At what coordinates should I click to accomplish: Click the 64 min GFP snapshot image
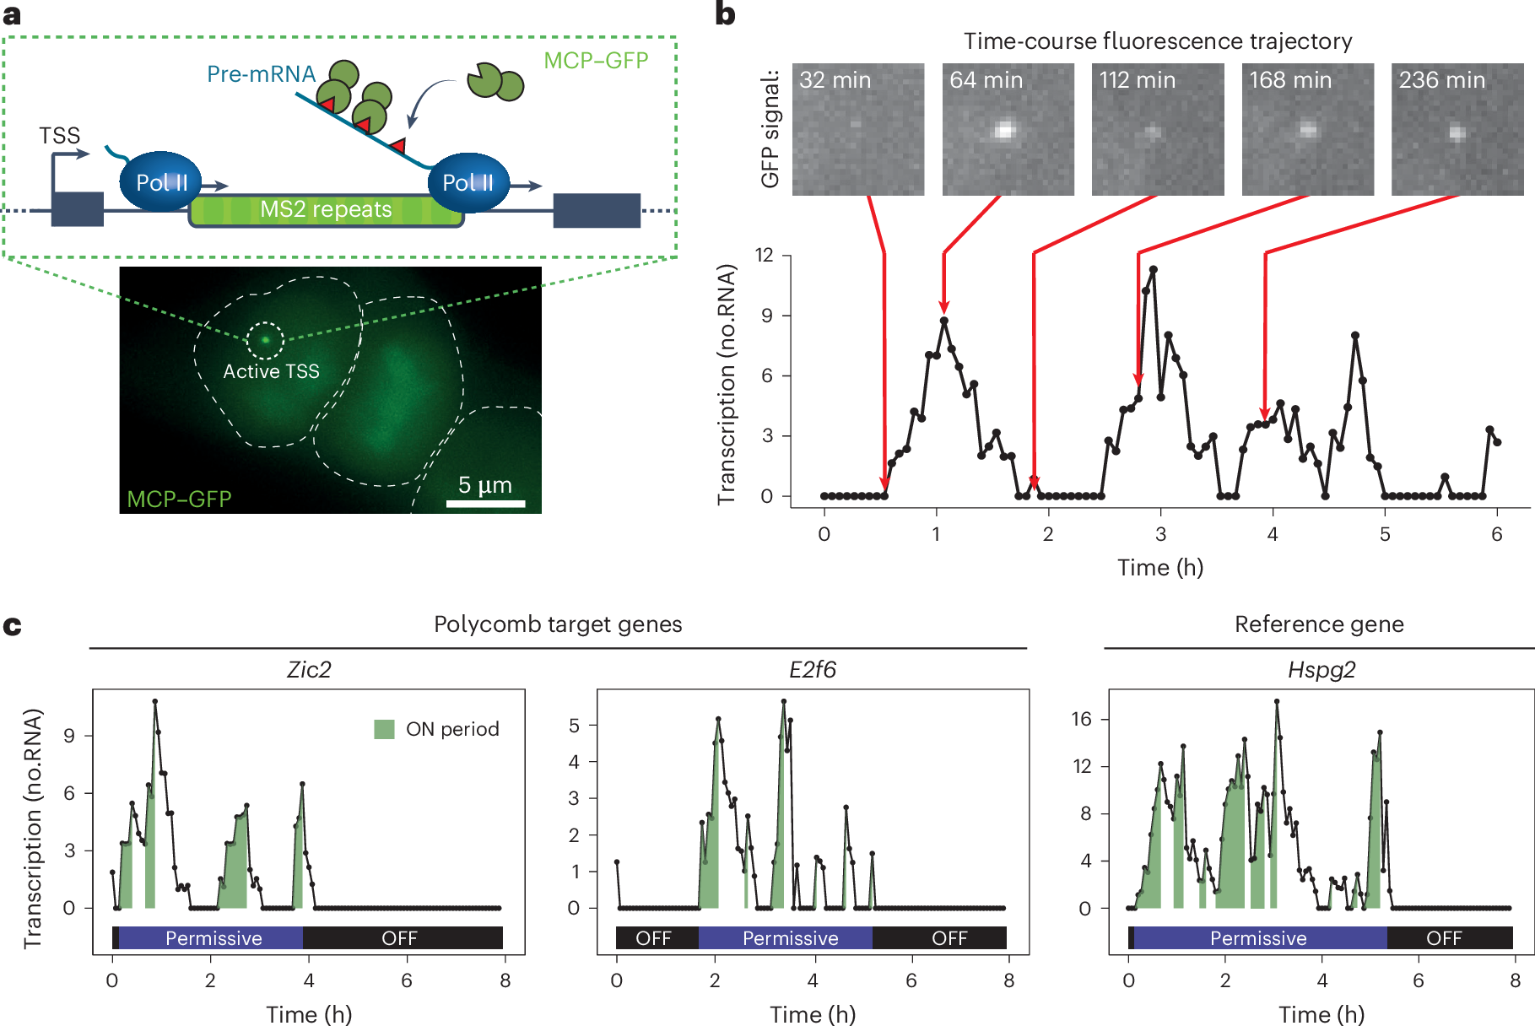click(1008, 129)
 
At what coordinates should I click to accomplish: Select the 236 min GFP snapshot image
click(1457, 129)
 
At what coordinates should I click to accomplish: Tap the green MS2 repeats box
click(326, 210)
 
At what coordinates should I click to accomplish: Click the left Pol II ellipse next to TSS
click(160, 181)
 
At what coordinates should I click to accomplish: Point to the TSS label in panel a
click(59, 136)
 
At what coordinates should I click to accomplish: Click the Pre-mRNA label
click(261, 74)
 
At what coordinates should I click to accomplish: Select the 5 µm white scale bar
click(485, 504)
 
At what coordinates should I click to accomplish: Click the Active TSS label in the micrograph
click(271, 371)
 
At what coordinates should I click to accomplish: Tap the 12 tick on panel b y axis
click(764, 255)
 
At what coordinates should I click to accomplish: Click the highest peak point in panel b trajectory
click(1153, 270)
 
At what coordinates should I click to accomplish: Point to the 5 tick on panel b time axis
click(1385, 534)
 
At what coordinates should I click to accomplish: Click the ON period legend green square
click(385, 729)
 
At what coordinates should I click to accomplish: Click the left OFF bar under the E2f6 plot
click(655, 937)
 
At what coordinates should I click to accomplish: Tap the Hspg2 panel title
click(1321, 670)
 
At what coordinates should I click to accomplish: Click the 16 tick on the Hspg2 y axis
click(1081, 719)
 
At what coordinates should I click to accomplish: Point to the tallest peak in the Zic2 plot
click(155, 701)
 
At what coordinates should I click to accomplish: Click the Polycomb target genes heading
click(558, 624)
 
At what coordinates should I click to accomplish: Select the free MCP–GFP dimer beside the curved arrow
click(495, 81)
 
